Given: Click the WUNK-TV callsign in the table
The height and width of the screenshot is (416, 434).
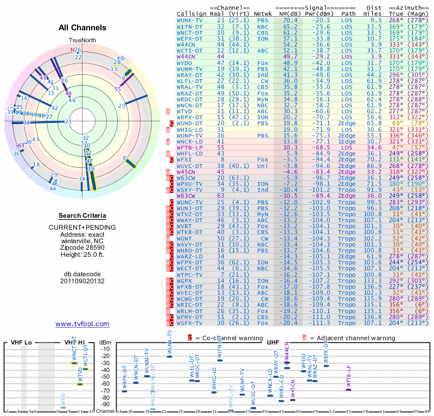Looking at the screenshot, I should (x=190, y=20).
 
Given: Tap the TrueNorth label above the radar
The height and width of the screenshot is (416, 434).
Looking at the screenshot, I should (x=82, y=41).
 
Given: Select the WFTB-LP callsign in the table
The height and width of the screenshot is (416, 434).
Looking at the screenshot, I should (x=189, y=147).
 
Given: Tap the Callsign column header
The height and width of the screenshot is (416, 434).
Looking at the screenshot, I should (x=190, y=14).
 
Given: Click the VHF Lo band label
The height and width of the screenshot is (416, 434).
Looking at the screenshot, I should (x=22, y=343).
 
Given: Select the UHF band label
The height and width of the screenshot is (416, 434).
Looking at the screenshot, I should (x=273, y=343).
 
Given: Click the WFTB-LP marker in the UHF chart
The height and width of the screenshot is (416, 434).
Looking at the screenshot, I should (x=348, y=389).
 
